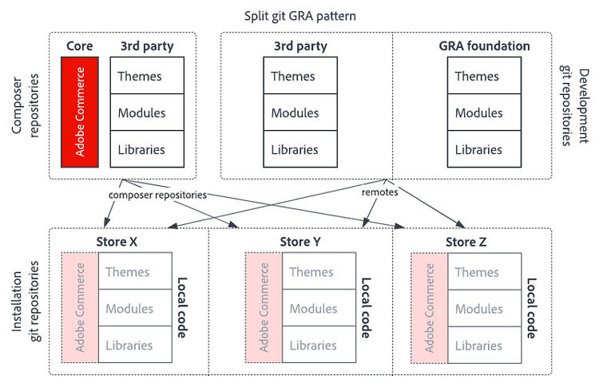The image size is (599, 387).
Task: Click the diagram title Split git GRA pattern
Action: [x=299, y=15]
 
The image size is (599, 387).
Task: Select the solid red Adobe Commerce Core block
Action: [x=80, y=112]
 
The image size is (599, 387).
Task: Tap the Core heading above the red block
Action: [x=80, y=46]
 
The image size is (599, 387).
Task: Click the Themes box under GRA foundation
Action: [x=478, y=77]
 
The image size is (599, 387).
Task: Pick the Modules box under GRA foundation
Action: [x=478, y=113]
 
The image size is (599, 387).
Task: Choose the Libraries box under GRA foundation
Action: [x=478, y=149]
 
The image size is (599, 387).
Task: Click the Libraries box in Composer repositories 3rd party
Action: [x=141, y=149]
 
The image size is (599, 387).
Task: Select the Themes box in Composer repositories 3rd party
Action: [x=141, y=77]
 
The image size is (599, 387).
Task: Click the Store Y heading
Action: [x=300, y=242]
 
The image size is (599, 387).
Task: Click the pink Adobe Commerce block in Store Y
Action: [x=264, y=309]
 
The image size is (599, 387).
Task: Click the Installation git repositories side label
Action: [x=25, y=302]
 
